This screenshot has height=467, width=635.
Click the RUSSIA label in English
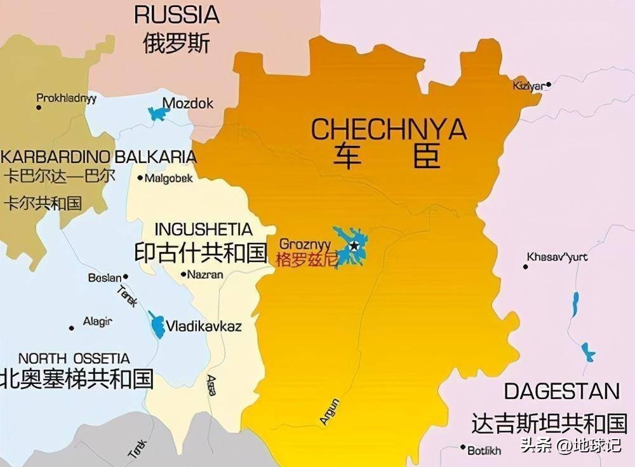(177, 15)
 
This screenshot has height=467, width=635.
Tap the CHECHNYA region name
(389, 129)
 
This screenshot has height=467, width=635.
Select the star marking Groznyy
(354, 246)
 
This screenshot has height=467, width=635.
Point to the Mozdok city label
(188, 103)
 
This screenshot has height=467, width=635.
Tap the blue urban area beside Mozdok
(158, 114)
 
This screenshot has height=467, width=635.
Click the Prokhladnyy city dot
(39, 108)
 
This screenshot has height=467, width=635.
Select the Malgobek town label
(168, 178)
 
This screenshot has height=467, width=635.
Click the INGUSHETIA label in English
(203, 228)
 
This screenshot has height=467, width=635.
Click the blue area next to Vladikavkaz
(156, 325)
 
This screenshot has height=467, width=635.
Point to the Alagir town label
(97, 322)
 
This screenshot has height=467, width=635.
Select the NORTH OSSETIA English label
(74, 358)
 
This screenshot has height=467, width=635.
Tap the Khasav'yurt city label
(557, 257)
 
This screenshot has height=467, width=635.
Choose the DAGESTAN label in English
(561, 391)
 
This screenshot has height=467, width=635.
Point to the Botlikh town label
(484, 450)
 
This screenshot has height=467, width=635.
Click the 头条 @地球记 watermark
(570, 445)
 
